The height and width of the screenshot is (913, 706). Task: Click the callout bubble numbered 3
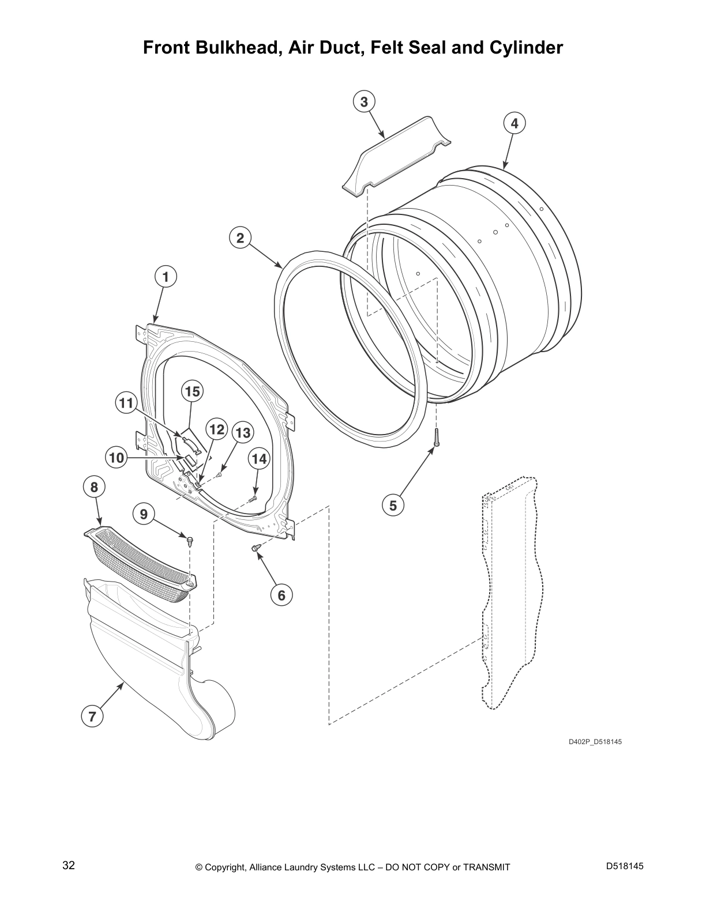[x=364, y=101]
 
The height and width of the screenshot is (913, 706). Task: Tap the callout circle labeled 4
[x=515, y=123]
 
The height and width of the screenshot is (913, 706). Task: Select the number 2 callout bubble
[x=240, y=238]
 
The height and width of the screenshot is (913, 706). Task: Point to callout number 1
[x=166, y=277]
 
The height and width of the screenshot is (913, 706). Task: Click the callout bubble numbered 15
[x=192, y=391]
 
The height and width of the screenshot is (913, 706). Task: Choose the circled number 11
[x=126, y=403]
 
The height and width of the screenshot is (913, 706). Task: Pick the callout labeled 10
[x=117, y=458]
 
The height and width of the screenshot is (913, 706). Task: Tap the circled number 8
[x=94, y=487]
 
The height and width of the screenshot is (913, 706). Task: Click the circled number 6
[x=281, y=595]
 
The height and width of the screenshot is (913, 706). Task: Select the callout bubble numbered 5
[x=393, y=505]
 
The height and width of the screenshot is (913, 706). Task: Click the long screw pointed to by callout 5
[x=437, y=437]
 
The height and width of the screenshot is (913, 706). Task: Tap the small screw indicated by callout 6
[x=256, y=548]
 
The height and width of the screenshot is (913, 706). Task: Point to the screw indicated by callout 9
[x=190, y=540]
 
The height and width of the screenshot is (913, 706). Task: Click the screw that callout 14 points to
[x=252, y=499]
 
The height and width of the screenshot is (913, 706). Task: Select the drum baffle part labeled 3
[x=396, y=156]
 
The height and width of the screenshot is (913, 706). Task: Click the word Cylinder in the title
[x=525, y=48]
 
